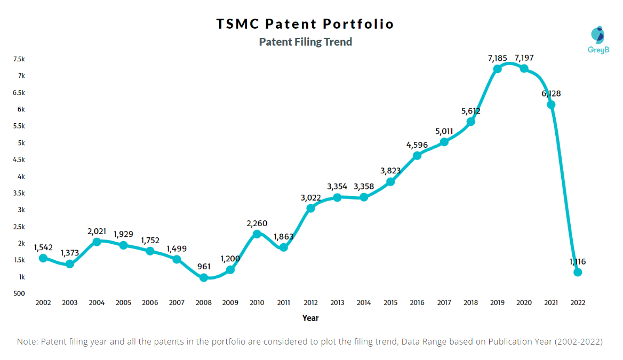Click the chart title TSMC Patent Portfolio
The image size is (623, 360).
pos(305,24)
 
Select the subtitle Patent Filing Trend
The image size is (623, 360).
pos(305,42)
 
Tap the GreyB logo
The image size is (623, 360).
pos(597,40)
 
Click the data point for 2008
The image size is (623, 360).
pos(204,277)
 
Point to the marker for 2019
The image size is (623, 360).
pos(497,68)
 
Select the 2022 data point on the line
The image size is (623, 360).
pos(578,272)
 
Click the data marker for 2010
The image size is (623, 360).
pos(257,234)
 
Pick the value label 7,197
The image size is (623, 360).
pos(524,58)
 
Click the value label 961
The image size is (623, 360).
pos(203,266)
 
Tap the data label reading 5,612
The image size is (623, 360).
pos(470,111)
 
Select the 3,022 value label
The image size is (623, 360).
pos(310,197)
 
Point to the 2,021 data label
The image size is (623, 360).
pos(97,231)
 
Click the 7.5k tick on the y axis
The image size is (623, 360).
pos(19,59)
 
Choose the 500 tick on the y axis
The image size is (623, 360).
pos(19,293)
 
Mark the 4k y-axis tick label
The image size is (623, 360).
pos(21,176)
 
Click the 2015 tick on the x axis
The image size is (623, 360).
pos(390,302)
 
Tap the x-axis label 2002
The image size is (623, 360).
pos(43,302)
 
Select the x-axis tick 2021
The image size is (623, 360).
pos(551,302)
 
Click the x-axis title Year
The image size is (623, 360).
pos(310,318)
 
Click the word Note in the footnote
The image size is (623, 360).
pos(27,341)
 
